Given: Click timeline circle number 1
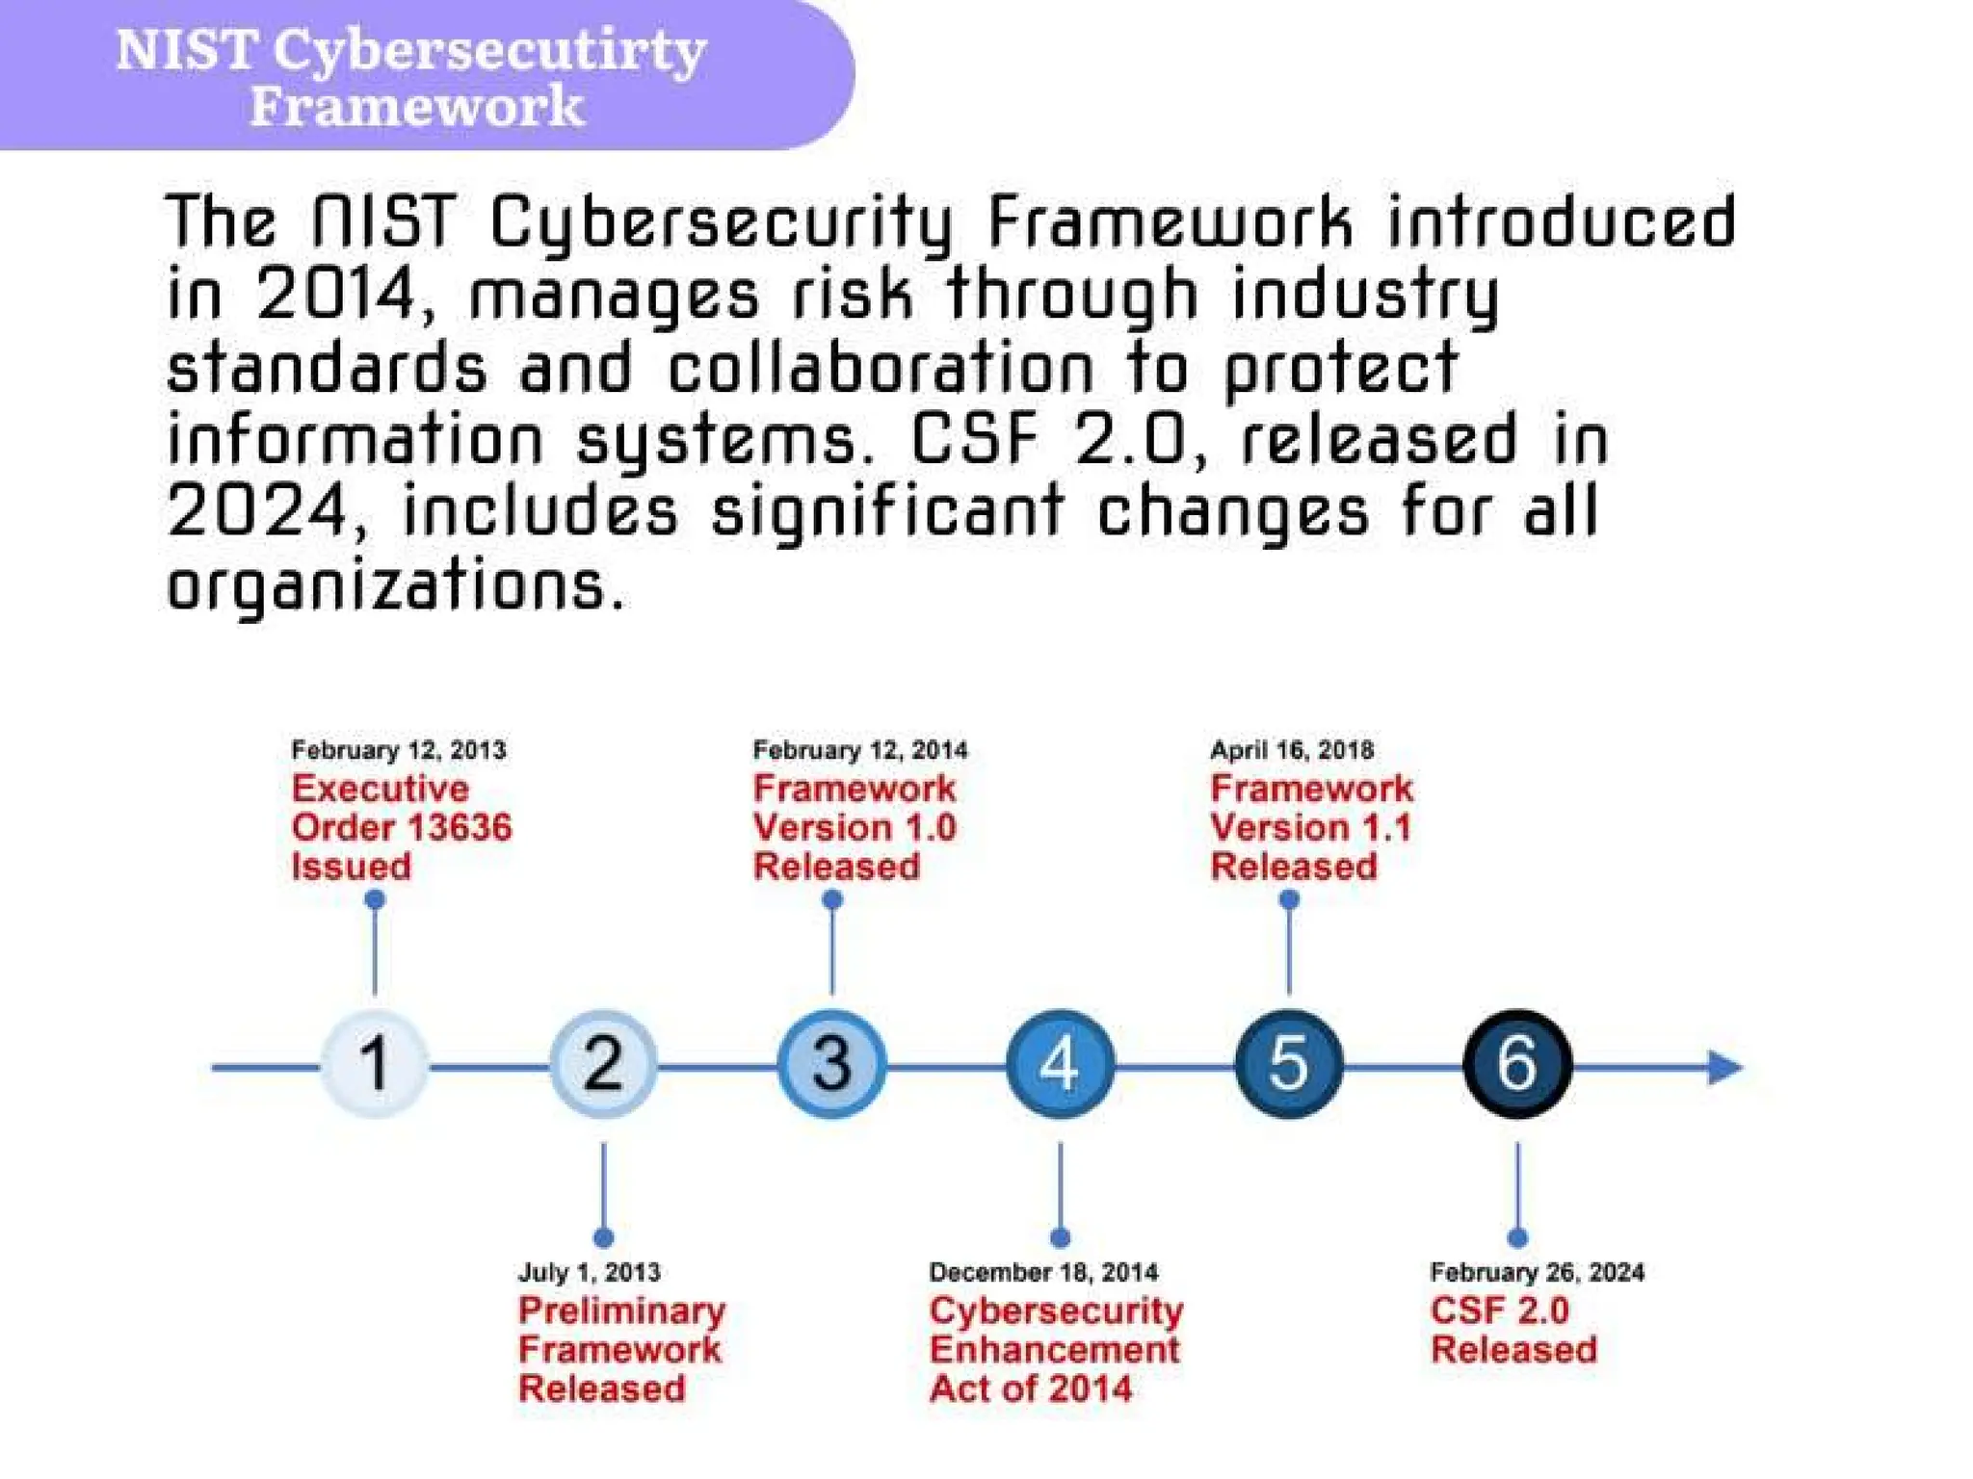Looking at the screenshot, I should (x=375, y=1064).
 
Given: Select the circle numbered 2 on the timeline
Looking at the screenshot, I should (x=604, y=1064).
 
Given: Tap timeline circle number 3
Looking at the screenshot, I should (x=832, y=1064).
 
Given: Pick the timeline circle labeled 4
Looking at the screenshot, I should (x=1061, y=1064).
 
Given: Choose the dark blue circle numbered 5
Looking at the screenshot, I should (x=1289, y=1064).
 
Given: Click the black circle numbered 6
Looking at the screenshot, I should (x=1517, y=1064).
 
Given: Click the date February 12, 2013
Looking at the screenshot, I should (x=399, y=750).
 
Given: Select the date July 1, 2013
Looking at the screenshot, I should (x=590, y=1272).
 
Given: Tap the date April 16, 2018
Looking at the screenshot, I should (x=1292, y=750).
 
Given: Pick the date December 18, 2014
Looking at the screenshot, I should (x=1043, y=1272).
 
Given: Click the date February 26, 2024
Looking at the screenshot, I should (x=1538, y=1272).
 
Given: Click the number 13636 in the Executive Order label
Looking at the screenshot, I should (x=459, y=828).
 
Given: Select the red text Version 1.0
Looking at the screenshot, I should (x=855, y=828).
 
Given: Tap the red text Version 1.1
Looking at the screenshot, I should (x=1311, y=828).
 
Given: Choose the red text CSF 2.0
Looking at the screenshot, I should (x=1500, y=1310).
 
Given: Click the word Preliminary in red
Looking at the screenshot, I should (x=622, y=1311).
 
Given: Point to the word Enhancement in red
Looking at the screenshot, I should (x=1055, y=1350).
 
